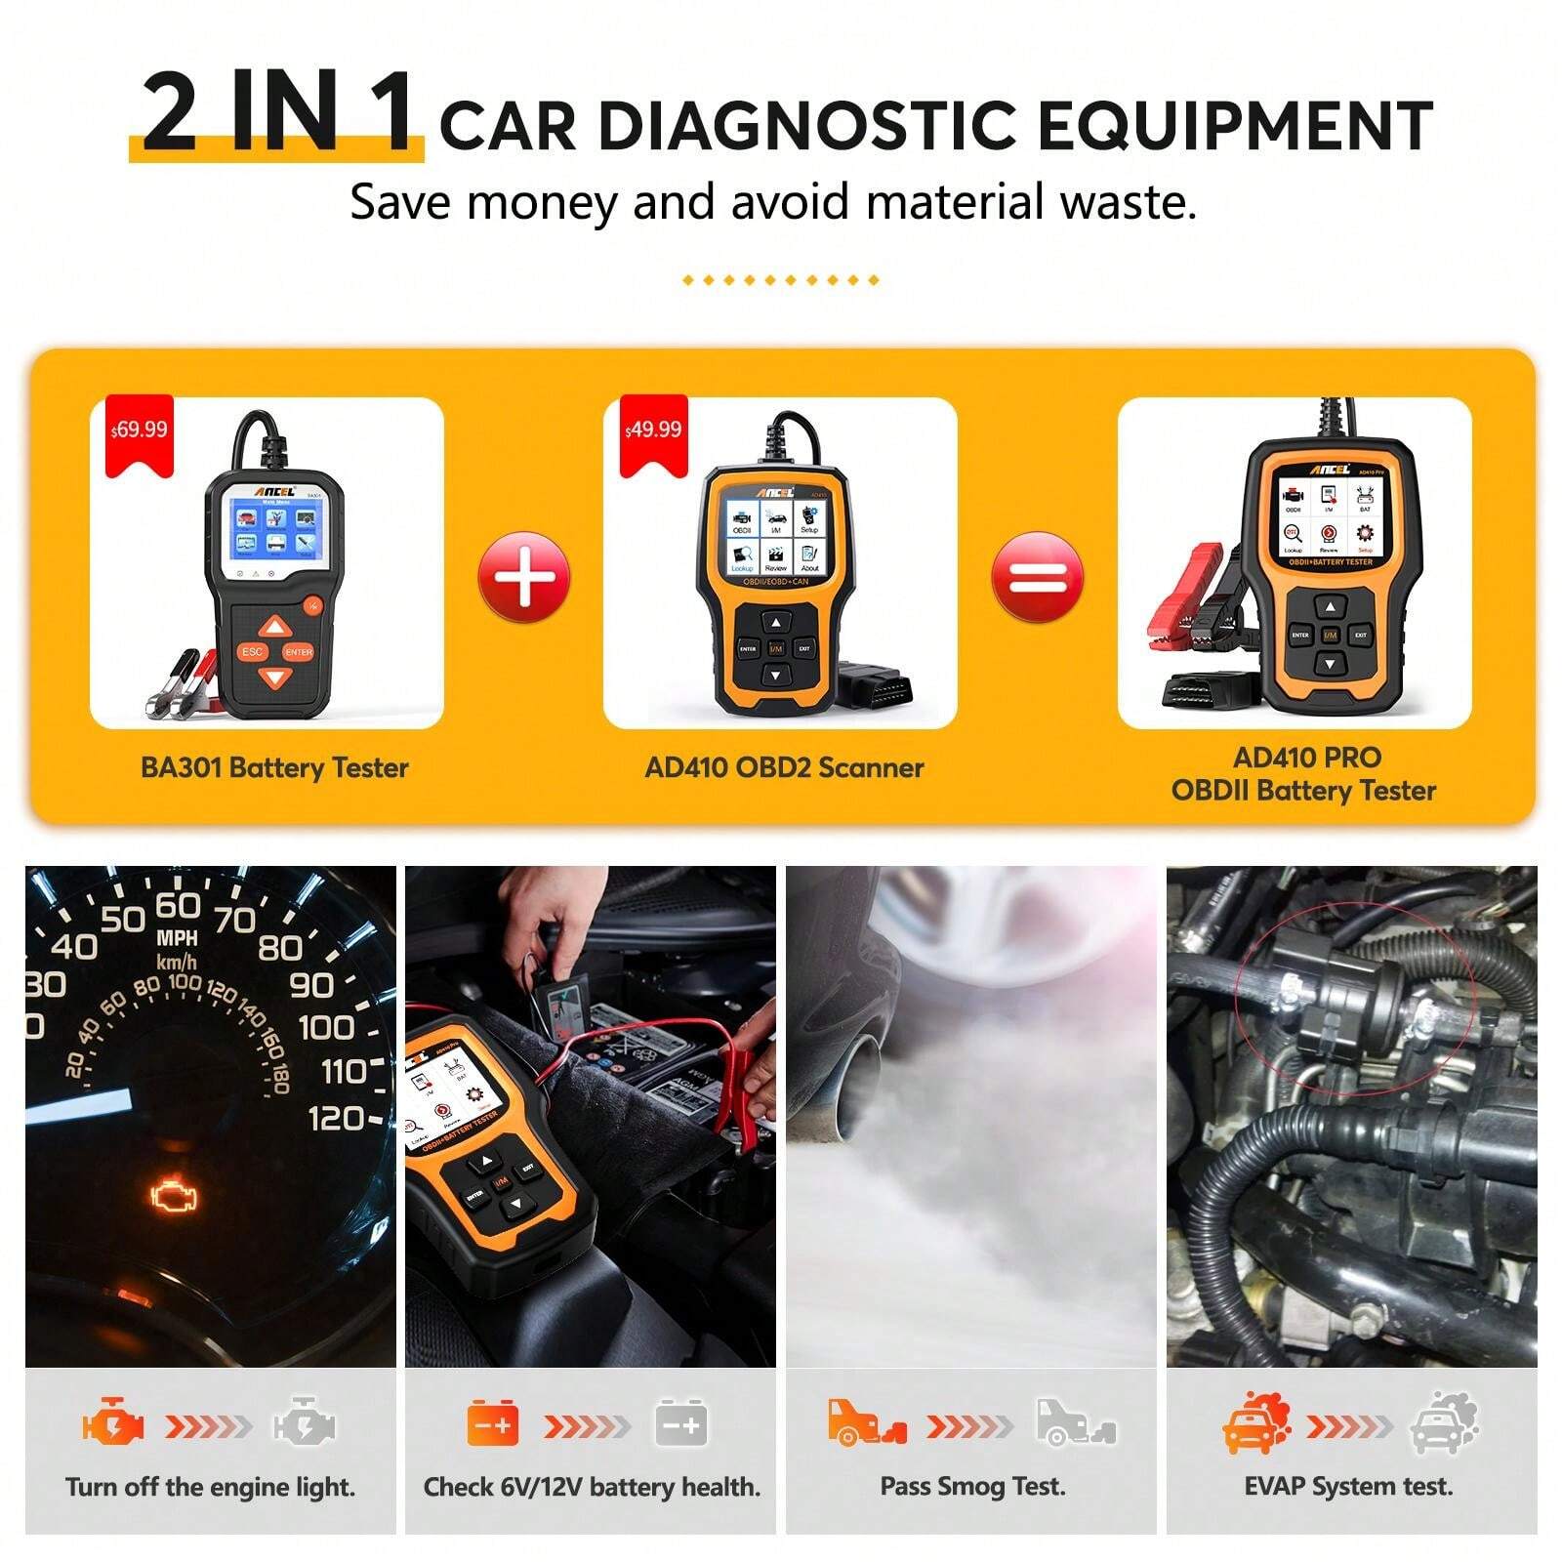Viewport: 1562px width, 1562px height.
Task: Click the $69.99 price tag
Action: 139,431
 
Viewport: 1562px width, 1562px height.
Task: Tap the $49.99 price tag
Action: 653,431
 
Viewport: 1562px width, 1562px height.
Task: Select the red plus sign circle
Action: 523,577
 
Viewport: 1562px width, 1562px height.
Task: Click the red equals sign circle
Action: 1037,577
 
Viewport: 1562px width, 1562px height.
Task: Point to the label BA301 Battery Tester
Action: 274,767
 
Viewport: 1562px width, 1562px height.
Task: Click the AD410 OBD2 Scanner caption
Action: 784,767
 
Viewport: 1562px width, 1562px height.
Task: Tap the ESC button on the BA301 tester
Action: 252,651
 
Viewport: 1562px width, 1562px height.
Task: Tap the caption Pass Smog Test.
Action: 972,1487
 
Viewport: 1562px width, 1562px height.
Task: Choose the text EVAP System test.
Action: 1348,1487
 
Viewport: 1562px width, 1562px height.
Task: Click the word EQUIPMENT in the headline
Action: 1234,127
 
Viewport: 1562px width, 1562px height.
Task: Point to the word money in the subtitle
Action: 542,203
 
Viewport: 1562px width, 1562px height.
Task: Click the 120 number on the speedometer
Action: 336,1117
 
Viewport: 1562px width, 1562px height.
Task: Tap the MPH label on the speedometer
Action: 177,938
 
